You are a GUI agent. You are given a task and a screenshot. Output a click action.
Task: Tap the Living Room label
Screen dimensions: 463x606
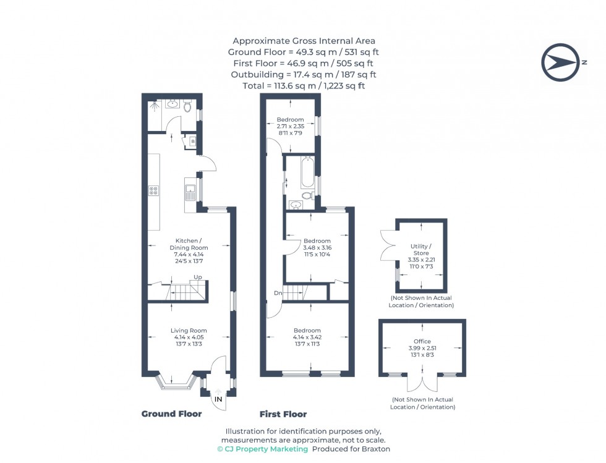(x=189, y=330)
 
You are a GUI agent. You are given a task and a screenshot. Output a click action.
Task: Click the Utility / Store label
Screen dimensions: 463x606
(x=421, y=249)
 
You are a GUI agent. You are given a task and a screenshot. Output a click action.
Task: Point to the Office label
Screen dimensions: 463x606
(x=422, y=341)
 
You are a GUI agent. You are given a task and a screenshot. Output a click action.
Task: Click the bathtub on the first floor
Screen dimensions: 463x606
(x=307, y=172)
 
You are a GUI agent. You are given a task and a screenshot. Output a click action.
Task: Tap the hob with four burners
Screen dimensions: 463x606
(x=153, y=191)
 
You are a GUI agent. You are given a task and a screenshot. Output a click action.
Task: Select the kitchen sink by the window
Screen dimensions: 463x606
(x=189, y=189)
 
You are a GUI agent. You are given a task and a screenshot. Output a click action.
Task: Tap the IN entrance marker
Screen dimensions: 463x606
(x=218, y=399)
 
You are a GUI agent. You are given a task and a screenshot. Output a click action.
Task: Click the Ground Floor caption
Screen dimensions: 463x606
(x=172, y=414)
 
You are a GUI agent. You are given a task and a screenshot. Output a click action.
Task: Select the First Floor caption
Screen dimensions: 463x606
(x=283, y=414)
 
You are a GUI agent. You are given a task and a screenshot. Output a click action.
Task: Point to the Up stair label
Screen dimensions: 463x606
(x=197, y=277)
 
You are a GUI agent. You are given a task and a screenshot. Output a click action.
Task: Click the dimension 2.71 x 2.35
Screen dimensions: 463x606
(x=290, y=125)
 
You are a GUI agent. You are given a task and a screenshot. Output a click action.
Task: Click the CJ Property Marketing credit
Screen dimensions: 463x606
(x=262, y=449)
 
